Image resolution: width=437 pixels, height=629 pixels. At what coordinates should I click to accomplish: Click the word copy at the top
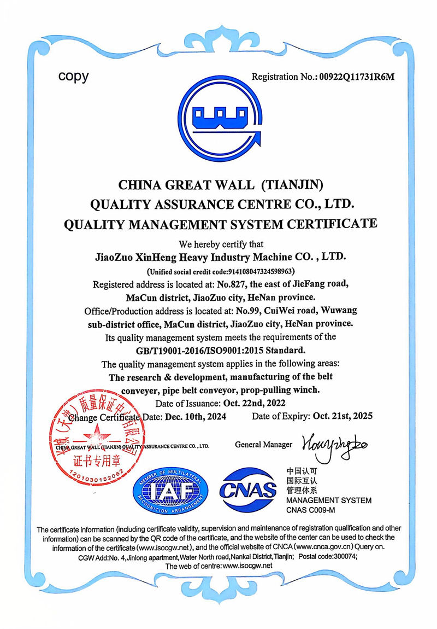click(x=73, y=76)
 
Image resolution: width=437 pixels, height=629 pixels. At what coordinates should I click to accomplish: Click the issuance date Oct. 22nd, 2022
click(x=254, y=404)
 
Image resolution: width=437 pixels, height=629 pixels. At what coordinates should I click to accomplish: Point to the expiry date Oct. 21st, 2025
click(x=342, y=416)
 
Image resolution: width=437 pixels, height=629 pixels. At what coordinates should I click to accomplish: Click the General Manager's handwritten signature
click(x=333, y=445)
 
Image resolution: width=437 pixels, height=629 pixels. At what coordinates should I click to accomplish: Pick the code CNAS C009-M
click(x=310, y=510)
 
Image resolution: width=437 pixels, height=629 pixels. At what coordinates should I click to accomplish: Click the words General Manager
click(x=263, y=444)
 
